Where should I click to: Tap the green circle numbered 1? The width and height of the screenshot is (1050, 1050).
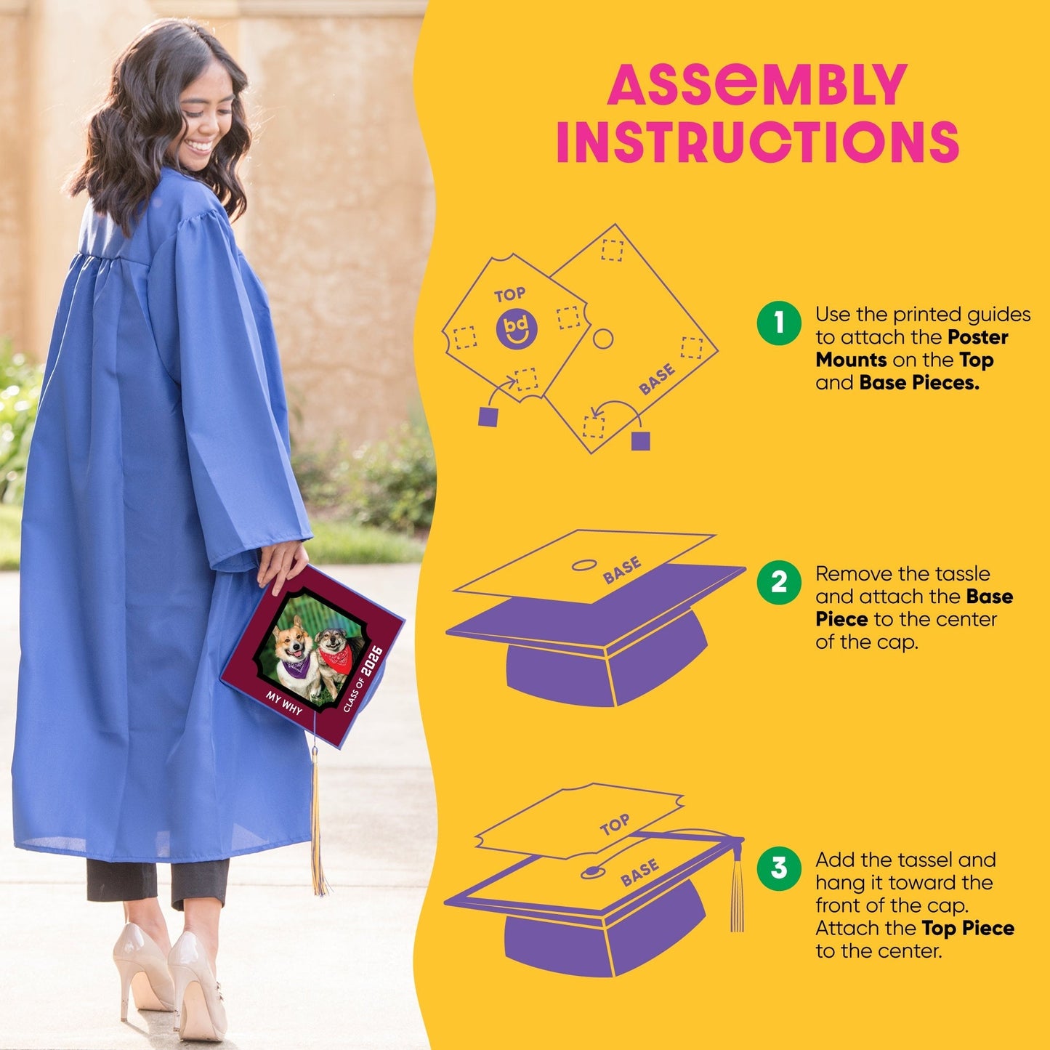pyautogui.click(x=779, y=323)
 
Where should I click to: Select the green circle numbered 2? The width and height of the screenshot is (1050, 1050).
pyautogui.click(x=779, y=583)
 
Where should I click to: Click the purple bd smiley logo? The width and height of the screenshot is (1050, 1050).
pyautogui.click(x=517, y=328)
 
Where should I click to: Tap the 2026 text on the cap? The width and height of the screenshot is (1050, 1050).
pyautogui.click(x=371, y=661)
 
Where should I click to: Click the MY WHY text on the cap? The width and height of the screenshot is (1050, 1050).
pyautogui.click(x=284, y=703)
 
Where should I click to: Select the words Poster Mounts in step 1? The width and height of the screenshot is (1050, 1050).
pyautogui.click(x=912, y=348)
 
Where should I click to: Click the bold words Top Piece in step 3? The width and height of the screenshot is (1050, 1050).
pyautogui.click(x=968, y=928)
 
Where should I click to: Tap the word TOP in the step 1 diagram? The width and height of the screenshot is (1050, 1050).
pyautogui.click(x=510, y=295)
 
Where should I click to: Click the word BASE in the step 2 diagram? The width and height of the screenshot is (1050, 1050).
pyautogui.click(x=622, y=570)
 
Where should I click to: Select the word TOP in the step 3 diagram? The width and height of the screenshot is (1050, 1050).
pyautogui.click(x=615, y=825)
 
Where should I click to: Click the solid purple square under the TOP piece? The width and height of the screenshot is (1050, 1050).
pyautogui.click(x=488, y=416)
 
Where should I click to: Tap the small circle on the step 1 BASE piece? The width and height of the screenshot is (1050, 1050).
pyautogui.click(x=602, y=339)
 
